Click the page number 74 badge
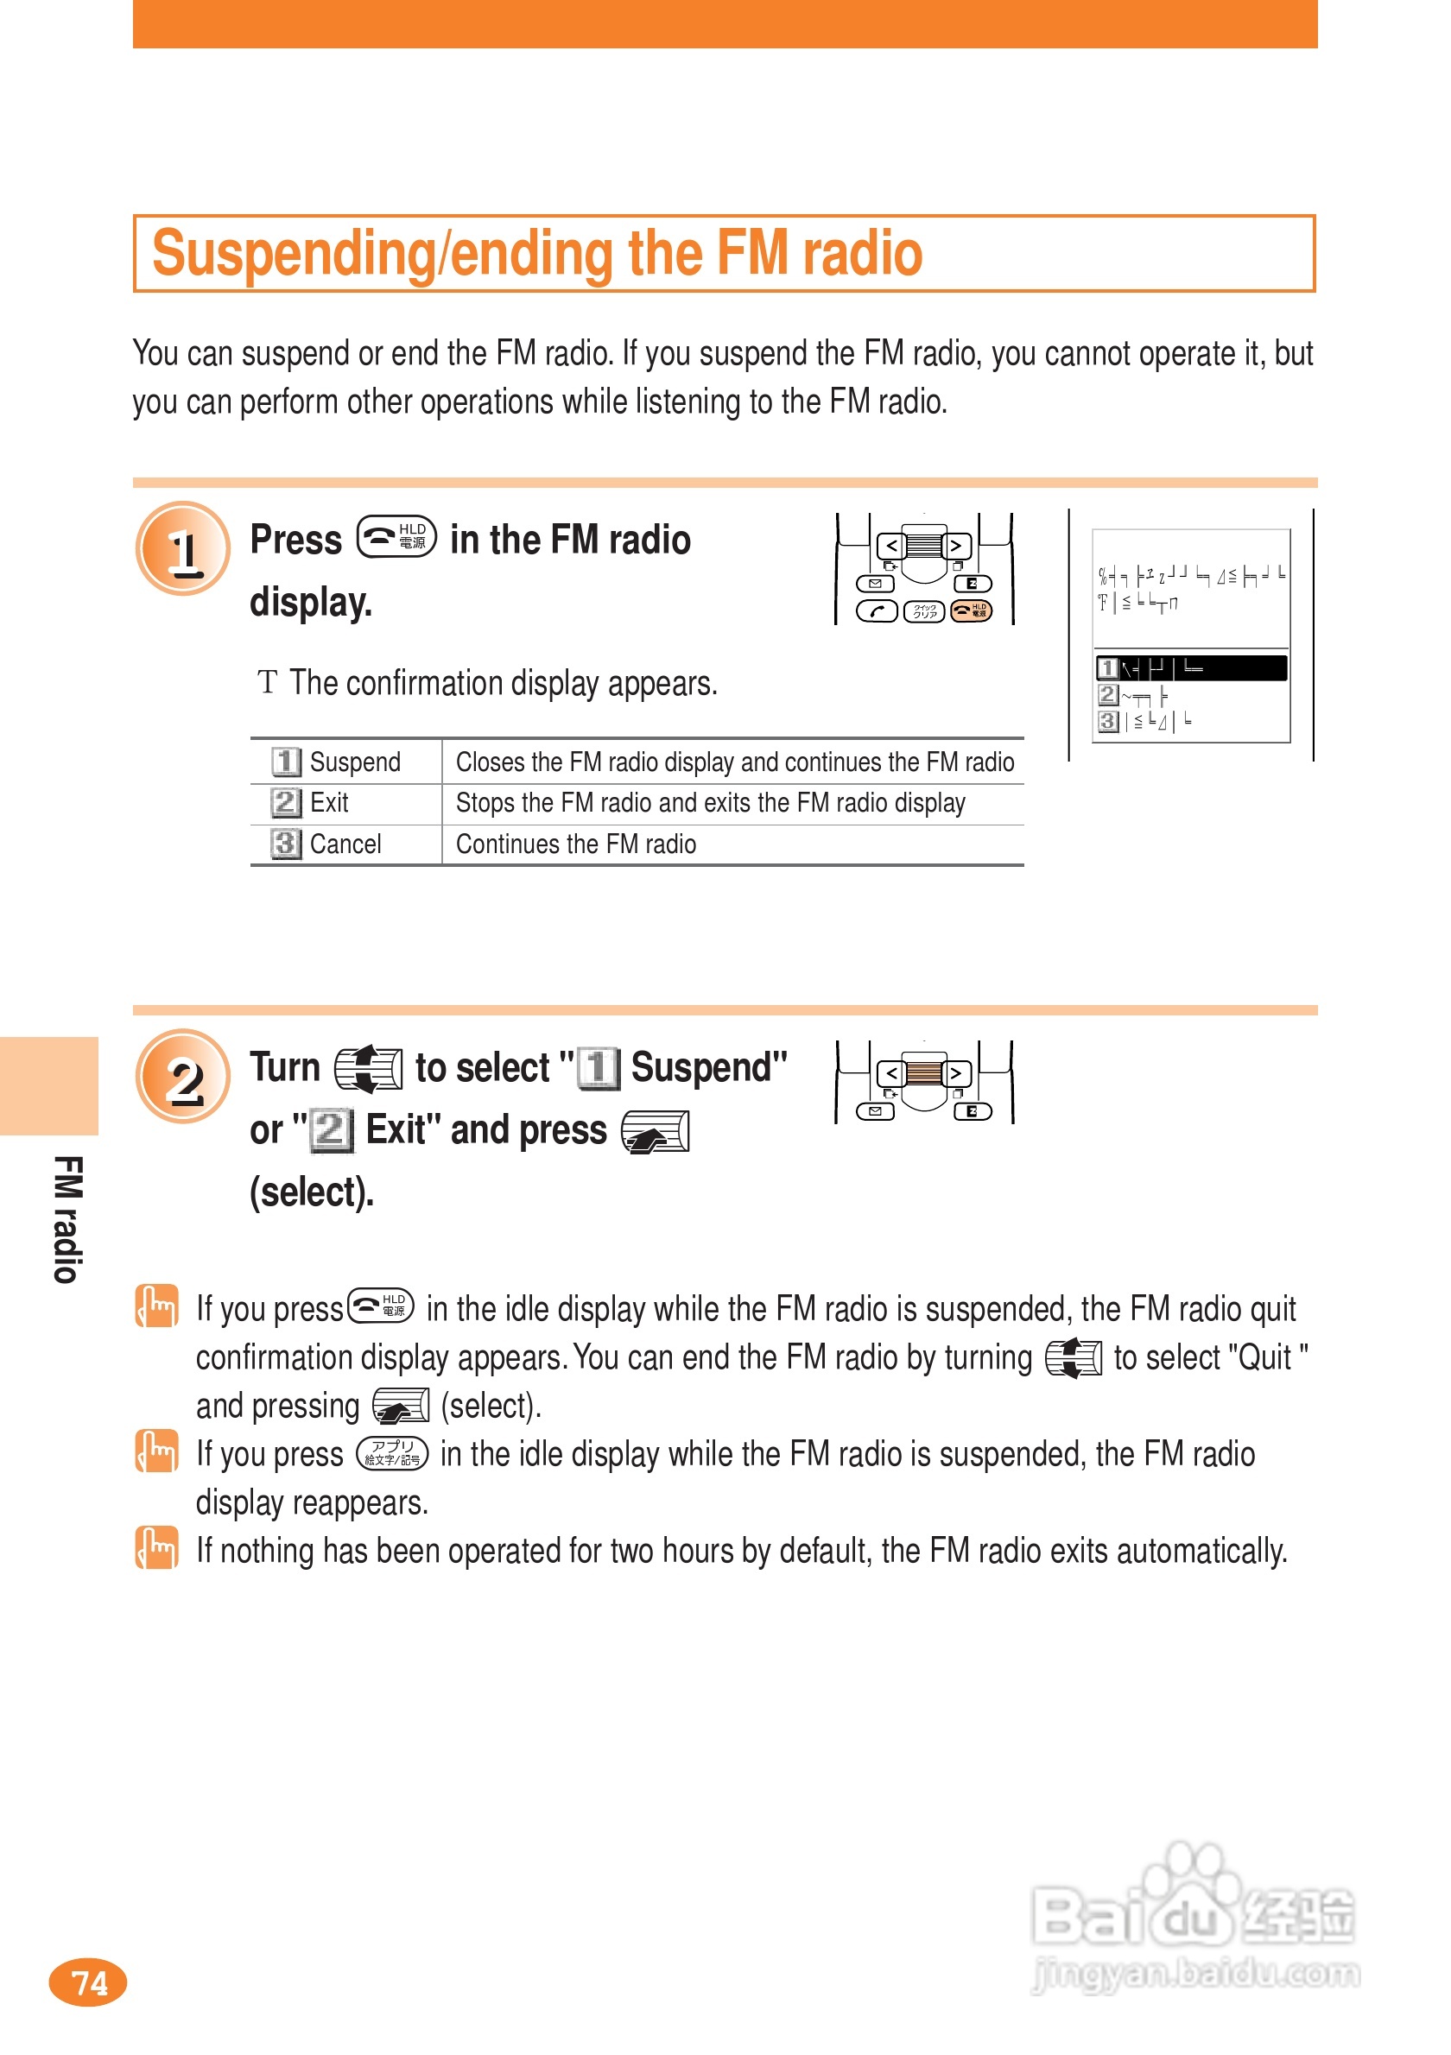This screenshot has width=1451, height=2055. click(x=88, y=1982)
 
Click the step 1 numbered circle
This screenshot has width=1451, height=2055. click(x=182, y=548)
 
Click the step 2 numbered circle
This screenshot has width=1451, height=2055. click(x=182, y=1077)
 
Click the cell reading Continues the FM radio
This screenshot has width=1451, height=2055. click(x=575, y=844)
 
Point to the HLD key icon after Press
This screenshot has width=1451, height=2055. click(x=396, y=537)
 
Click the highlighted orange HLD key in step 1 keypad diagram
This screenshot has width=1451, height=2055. click(x=970, y=610)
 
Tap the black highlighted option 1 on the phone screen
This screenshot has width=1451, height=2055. click(x=1190, y=667)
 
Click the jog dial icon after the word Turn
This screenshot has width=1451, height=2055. click(x=368, y=1069)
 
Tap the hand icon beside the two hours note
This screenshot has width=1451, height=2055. click(x=156, y=1549)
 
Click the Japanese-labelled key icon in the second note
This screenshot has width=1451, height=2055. click(x=392, y=1453)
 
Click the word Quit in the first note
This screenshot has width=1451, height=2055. click(x=1264, y=1357)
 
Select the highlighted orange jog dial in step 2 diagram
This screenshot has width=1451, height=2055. click(x=924, y=1072)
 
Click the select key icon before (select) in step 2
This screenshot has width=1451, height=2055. click(x=656, y=1131)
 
